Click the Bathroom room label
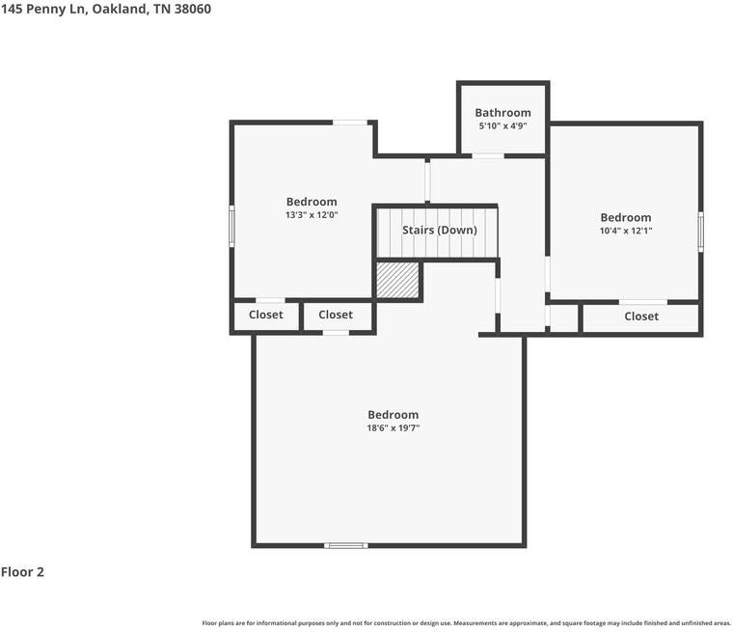point(502,113)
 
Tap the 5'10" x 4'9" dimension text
point(502,125)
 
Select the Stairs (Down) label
point(440,231)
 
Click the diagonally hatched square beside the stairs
point(397,280)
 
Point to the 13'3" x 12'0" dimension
point(312,215)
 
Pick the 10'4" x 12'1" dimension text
point(626,231)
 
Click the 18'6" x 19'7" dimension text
point(394,428)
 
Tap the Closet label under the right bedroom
point(641,316)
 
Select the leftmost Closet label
point(265,315)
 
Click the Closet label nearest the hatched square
point(336,315)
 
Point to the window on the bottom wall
point(346,545)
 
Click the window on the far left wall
point(231,227)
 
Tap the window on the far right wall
point(700,232)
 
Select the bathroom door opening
point(488,155)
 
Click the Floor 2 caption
point(22,572)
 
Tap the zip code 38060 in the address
point(193,9)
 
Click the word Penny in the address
point(46,9)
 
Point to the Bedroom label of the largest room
point(394,415)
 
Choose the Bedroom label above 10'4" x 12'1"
point(626,217)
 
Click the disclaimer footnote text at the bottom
point(466,623)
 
